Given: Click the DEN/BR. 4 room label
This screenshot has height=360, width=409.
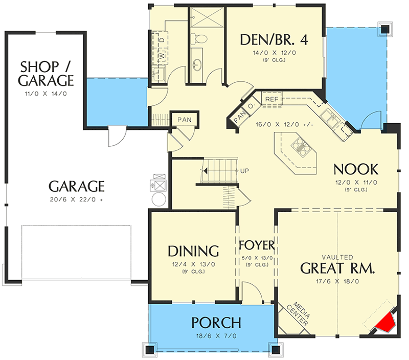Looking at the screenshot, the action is [274, 40].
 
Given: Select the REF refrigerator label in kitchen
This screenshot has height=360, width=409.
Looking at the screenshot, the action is [272, 99].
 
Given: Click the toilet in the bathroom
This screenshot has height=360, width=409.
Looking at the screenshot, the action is [198, 39].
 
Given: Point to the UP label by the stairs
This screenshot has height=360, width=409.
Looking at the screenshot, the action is [244, 171].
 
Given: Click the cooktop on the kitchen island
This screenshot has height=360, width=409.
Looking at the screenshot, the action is [301, 147].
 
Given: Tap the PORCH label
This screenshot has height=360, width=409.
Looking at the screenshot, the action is [216, 323].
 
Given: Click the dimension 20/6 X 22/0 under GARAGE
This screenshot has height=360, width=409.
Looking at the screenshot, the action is [76, 199].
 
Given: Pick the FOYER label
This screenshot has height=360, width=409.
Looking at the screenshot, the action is [257, 245].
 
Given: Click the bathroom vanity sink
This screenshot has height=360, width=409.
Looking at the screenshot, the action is [197, 64].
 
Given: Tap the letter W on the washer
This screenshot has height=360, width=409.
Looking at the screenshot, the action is [162, 56].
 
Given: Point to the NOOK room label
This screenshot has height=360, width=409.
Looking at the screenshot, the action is [356, 170].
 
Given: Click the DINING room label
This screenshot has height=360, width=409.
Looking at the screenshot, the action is [193, 251].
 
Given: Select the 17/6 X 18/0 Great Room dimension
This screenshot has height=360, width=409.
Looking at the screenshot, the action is [337, 281].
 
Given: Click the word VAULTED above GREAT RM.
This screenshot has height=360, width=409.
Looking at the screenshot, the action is [337, 258].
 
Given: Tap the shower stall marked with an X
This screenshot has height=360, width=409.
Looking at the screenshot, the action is [207, 17].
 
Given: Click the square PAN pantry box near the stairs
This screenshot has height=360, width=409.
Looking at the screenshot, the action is [185, 120].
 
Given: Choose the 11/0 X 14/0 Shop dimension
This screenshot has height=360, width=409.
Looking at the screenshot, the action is [46, 94].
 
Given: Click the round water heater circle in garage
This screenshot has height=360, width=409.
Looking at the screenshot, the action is [158, 199].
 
